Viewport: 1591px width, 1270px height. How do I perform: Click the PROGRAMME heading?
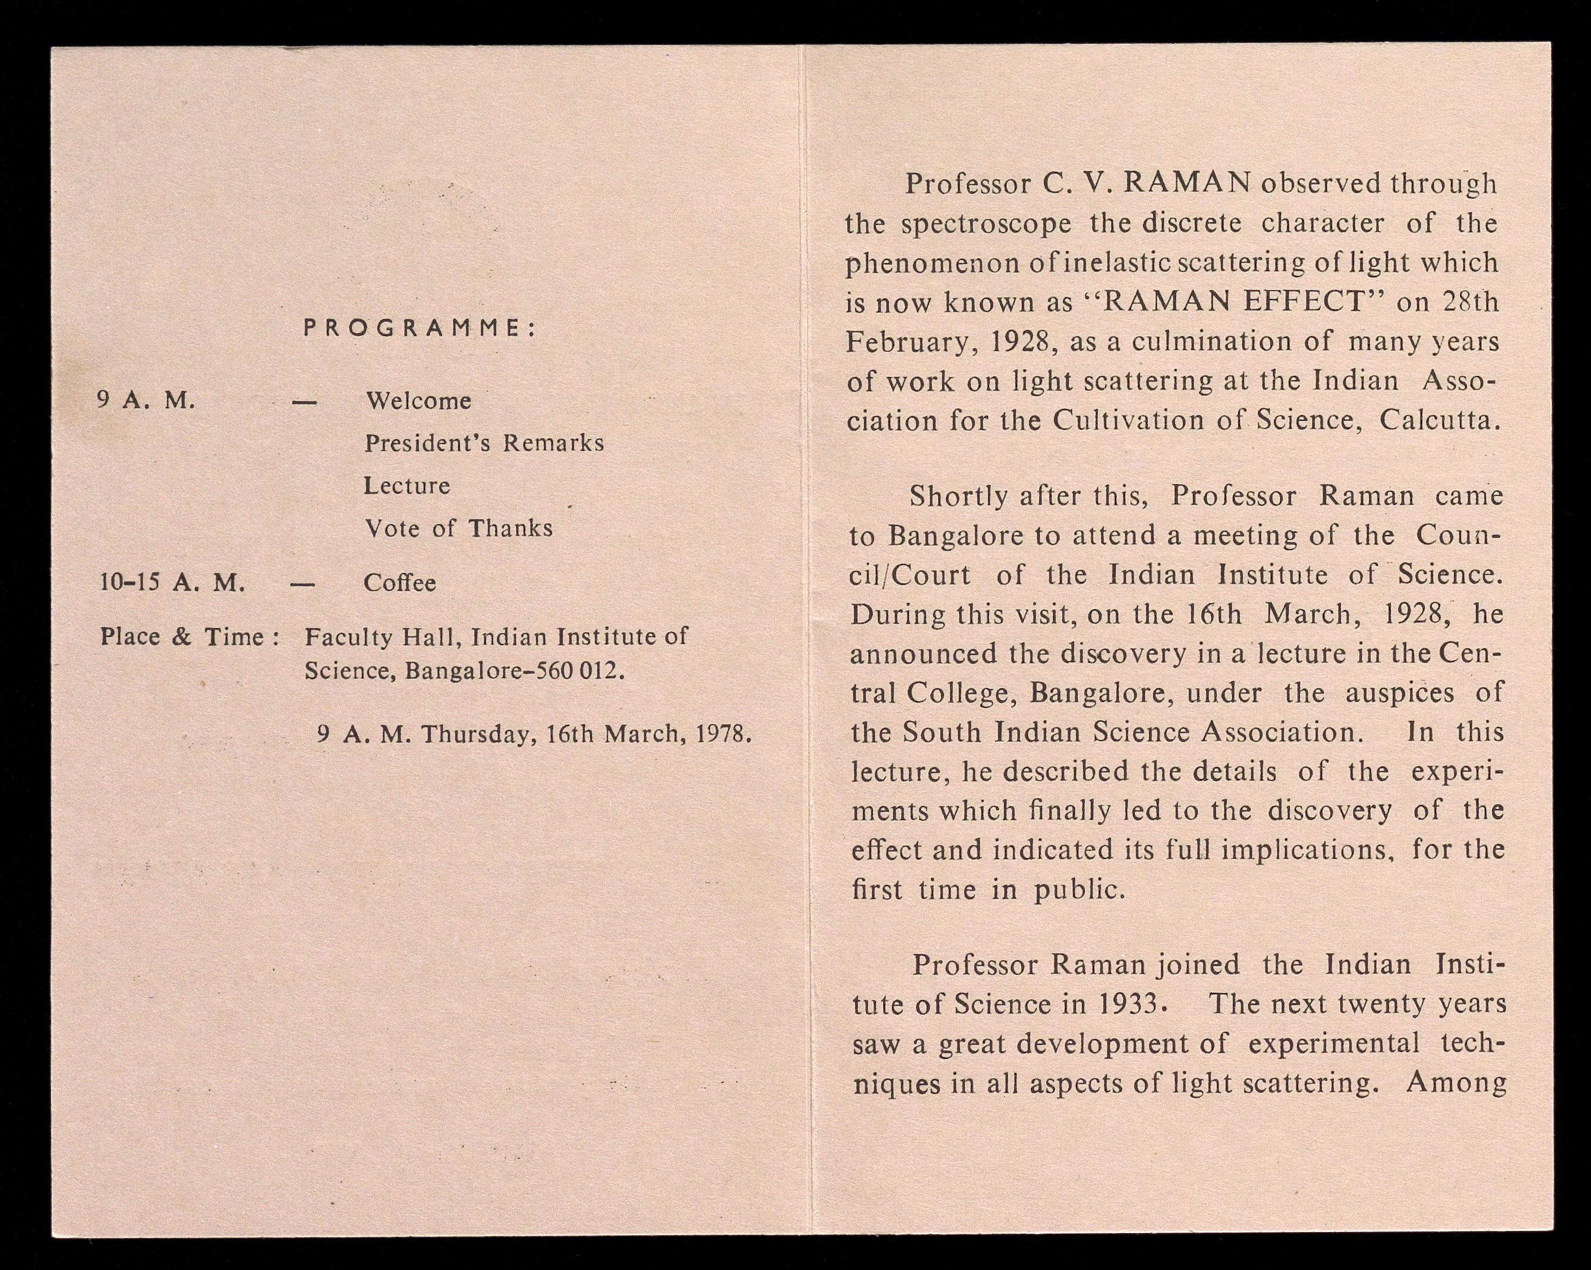419,328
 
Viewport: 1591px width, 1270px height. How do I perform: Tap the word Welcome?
418,401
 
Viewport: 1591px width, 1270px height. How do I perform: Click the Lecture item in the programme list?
406,486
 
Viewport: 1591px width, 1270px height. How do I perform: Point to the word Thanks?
510,528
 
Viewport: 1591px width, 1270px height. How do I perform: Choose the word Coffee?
399,583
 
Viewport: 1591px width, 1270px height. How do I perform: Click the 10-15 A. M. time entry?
172,583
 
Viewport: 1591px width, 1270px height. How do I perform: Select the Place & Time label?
189,637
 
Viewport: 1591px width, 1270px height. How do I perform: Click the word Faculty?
348,637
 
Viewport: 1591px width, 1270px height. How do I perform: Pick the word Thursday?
478,734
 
